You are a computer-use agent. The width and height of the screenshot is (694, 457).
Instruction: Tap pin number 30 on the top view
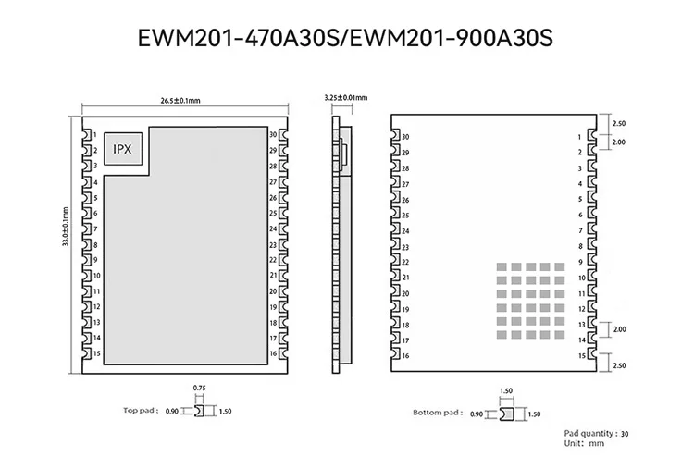(x=273, y=135)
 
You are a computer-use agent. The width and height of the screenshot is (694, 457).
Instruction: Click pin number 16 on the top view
(x=273, y=353)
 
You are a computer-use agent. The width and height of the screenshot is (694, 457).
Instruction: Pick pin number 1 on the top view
(x=97, y=135)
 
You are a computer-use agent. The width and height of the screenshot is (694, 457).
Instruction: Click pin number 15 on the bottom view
(x=580, y=356)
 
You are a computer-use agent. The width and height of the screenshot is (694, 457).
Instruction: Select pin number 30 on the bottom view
(x=405, y=138)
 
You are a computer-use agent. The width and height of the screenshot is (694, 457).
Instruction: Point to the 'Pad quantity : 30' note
(x=597, y=433)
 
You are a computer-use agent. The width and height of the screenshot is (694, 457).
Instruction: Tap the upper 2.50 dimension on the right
(x=620, y=123)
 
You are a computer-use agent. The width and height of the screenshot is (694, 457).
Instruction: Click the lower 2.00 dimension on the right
(x=620, y=329)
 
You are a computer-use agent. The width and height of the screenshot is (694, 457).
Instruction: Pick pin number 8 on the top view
(x=97, y=245)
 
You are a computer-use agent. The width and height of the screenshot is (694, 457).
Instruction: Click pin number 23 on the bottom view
(x=405, y=246)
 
